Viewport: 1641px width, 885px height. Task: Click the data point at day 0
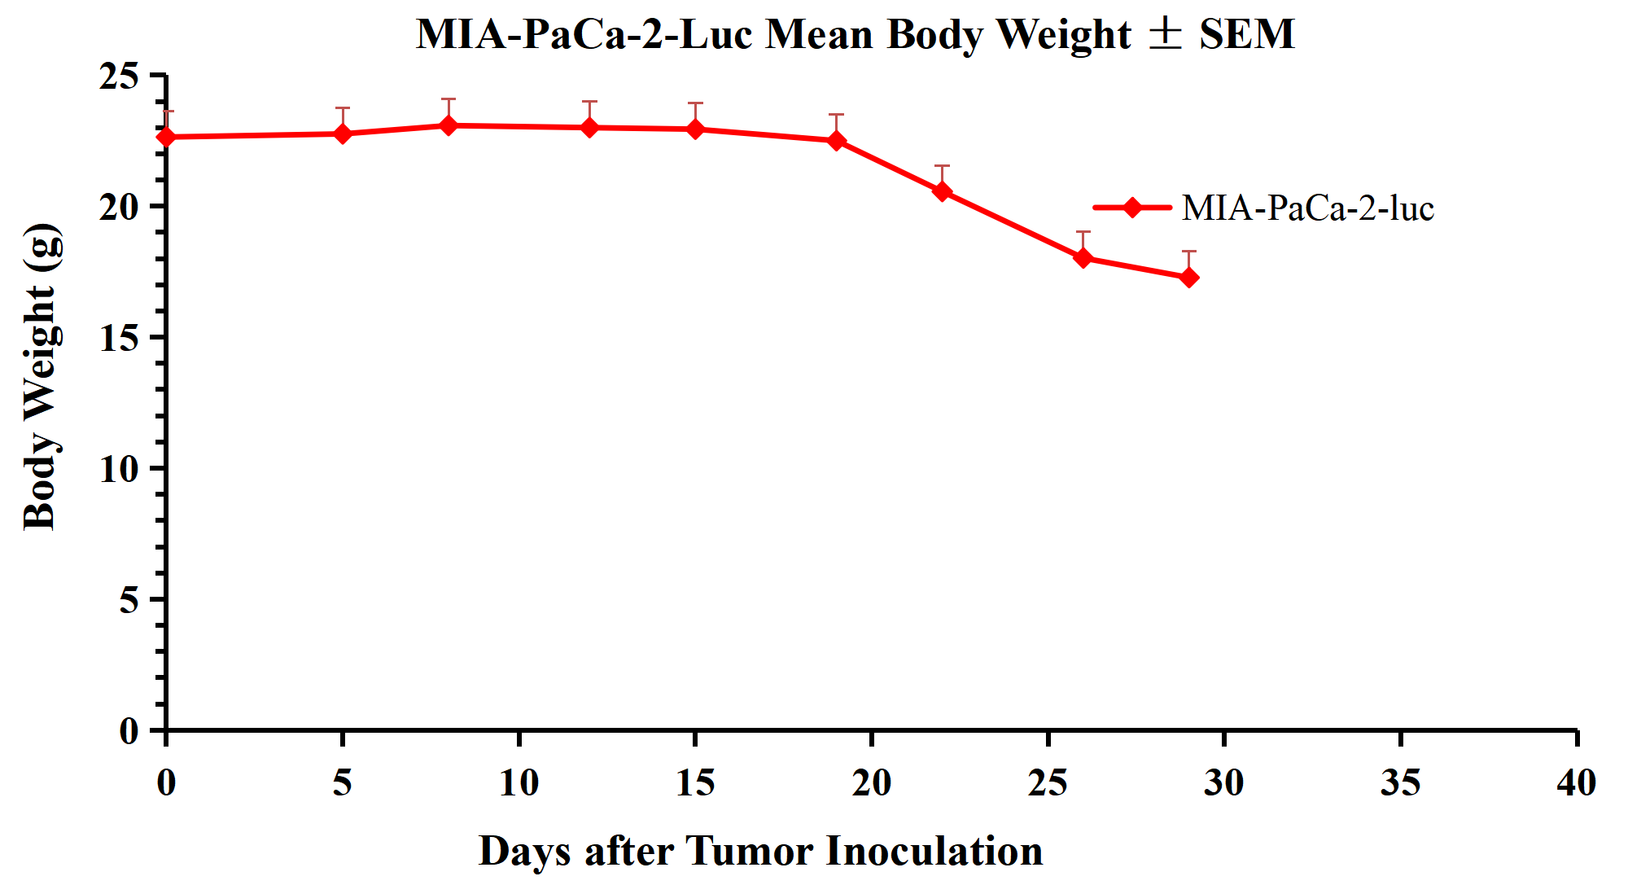(167, 137)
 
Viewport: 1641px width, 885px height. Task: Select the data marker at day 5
(343, 134)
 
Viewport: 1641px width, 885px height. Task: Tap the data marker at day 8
(449, 125)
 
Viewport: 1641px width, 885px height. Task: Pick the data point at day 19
(836, 141)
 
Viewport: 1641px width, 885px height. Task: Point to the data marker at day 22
(942, 191)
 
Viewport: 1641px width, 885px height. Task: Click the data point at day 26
(1083, 258)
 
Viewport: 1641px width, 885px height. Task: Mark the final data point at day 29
(1188, 278)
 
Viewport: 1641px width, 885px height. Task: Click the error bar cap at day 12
(589, 102)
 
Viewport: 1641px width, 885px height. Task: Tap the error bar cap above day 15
(695, 103)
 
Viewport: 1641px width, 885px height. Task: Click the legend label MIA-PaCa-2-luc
(1307, 208)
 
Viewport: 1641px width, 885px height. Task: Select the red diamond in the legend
(1131, 208)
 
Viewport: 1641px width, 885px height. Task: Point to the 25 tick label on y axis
(120, 77)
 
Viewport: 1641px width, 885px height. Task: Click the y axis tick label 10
(120, 469)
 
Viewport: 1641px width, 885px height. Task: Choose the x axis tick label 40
(1576, 783)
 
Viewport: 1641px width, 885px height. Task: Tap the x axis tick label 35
(1400, 783)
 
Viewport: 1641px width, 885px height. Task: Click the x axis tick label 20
(871, 783)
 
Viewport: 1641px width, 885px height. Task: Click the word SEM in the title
(1246, 34)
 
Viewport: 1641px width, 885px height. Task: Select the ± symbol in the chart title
(1165, 34)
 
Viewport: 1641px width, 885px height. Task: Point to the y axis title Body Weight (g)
(41, 376)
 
